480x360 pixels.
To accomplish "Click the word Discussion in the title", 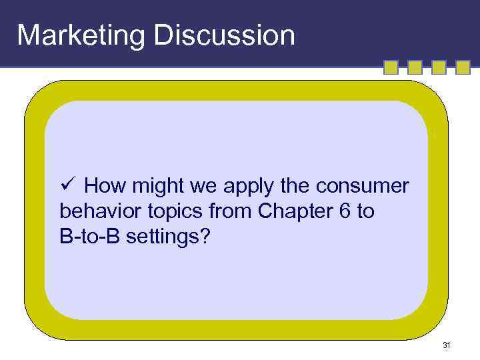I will pos(225,35).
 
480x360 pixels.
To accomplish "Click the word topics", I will pos(175,212).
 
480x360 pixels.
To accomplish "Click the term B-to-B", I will pos(86,237).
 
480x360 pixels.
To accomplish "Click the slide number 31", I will pos(446,345).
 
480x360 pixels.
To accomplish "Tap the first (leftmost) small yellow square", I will pos(391,67).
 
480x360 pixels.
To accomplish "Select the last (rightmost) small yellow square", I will pos(463,67).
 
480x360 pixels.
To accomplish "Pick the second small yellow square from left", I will pos(415,67).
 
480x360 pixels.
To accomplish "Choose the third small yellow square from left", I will pos(439,67).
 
